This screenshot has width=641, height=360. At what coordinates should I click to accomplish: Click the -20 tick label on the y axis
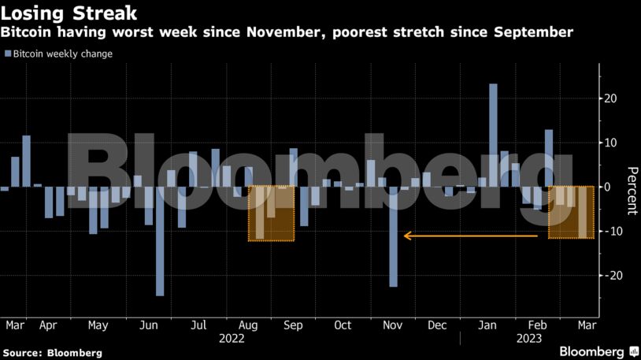(610, 276)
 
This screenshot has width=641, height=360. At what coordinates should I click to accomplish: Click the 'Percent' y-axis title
(631, 191)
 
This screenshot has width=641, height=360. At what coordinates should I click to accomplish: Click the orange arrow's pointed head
(406, 236)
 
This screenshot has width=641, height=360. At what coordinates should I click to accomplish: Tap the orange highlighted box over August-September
(271, 213)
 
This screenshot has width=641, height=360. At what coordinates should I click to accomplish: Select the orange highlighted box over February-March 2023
(571, 213)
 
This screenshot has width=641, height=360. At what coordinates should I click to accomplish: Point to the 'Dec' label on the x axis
(437, 325)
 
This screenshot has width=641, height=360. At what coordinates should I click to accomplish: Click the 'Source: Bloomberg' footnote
(52, 353)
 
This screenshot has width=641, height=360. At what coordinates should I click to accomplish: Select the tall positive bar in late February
(549, 158)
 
